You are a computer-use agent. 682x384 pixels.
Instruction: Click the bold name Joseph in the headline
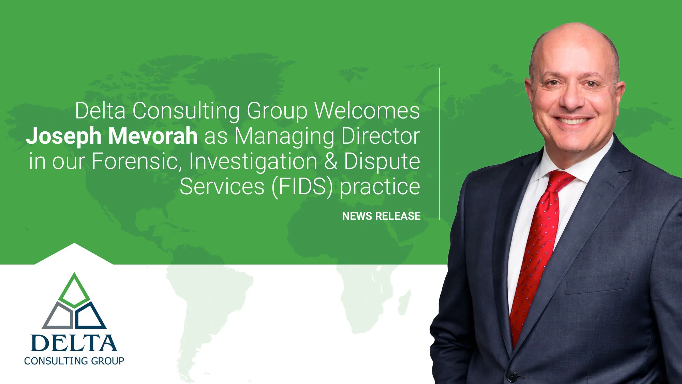click(63, 136)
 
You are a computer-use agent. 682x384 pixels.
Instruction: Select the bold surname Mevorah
click(153, 136)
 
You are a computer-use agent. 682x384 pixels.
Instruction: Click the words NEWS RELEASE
click(381, 216)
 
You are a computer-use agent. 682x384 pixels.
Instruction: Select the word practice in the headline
click(380, 187)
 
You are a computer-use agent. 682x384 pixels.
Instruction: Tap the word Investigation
click(253, 161)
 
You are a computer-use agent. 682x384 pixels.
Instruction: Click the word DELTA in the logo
click(74, 343)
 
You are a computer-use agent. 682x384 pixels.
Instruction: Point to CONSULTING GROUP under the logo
click(74, 361)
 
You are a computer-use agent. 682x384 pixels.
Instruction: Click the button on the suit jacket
click(512, 376)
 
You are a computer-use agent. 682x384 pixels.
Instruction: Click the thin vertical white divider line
click(439, 143)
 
